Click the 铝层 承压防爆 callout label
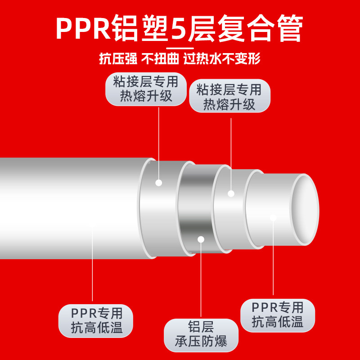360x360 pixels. pos(201,335)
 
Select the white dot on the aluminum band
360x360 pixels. pos(201,238)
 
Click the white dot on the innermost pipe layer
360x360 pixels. pos(273,218)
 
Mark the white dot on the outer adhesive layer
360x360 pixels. pos(158,182)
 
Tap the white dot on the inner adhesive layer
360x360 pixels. pos(231,193)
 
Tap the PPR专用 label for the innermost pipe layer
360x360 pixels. pos(278,315)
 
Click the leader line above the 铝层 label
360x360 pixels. pos(201,279)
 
